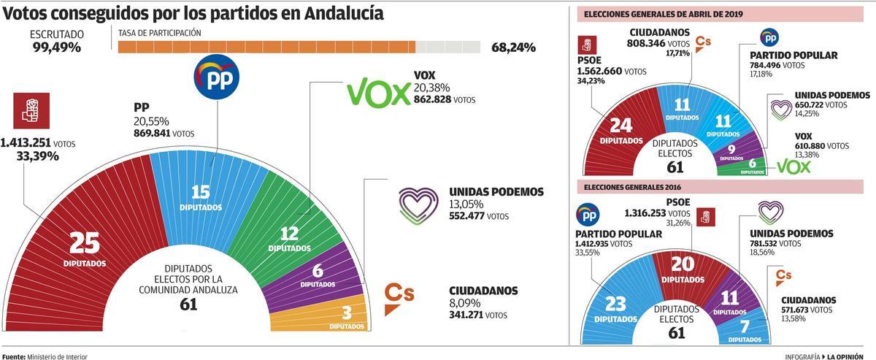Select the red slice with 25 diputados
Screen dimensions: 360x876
pyautogui.click(x=84, y=248)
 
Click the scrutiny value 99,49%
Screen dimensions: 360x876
pyautogui.click(x=56, y=47)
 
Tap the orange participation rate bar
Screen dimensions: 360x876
pyautogui.click(x=266, y=47)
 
